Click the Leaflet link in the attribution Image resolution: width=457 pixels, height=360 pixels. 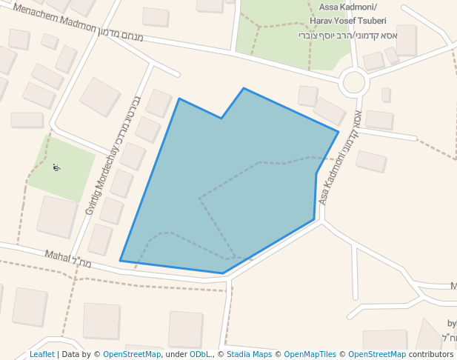(41, 354)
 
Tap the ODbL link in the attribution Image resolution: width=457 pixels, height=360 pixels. (201, 354)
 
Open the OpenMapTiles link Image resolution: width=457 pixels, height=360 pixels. (312, 354)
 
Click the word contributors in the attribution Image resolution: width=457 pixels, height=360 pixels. (431, 354)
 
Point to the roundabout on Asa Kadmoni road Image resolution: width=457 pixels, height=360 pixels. (353, 82)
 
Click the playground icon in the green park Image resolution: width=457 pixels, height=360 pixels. (57, 167)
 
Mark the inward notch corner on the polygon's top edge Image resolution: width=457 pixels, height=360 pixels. (221, 118)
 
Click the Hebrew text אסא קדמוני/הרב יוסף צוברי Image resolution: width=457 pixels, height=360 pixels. (348, 35)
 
